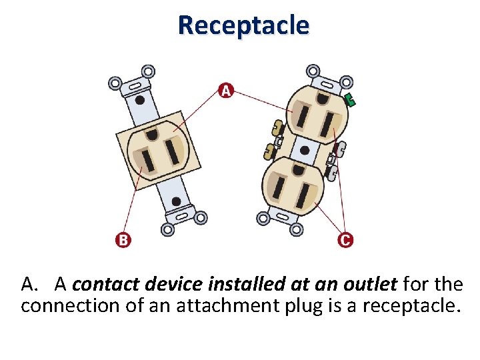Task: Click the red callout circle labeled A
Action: [226, 90]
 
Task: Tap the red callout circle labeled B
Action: [123, 239]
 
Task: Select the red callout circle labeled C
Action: [345, 239]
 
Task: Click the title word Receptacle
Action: [243, 25]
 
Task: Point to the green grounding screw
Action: [350, 100]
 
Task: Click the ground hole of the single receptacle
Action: [153, 135]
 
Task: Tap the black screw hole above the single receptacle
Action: [140, 100]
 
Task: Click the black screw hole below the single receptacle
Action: [175, 201]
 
